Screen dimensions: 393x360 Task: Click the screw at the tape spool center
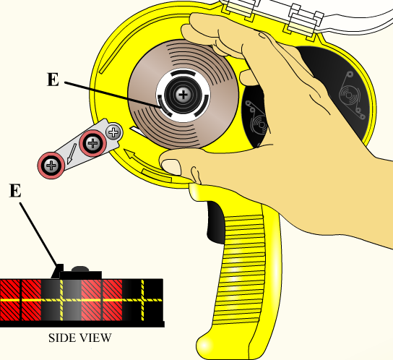coord(183,95)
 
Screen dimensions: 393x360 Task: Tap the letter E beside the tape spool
coord(53,80)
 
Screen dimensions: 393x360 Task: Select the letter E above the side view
coord(15,190)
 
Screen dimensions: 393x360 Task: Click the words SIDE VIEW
coord(80,338)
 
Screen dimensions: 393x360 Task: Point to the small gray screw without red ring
coord(114,132)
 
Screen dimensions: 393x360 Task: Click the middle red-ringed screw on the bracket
coord(93,144)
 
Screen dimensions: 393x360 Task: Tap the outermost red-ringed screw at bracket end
coord(51,166)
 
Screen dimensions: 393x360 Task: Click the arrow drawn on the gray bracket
coord(72,153)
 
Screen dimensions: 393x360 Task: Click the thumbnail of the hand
coord(171,167)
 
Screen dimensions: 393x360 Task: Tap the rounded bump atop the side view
coord(80,269)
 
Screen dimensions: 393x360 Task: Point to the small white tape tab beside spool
coord(137,132)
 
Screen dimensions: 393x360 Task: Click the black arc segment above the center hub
coord(183,73)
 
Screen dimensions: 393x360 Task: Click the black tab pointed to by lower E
coord(58,271)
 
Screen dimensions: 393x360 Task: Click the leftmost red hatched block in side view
coord(9,300)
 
